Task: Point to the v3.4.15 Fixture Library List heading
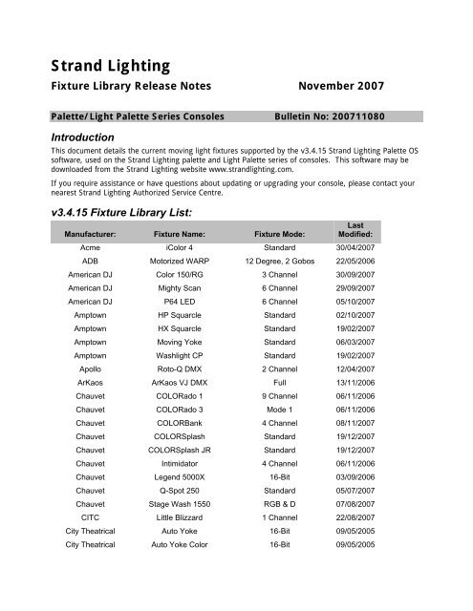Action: pos(130,211)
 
